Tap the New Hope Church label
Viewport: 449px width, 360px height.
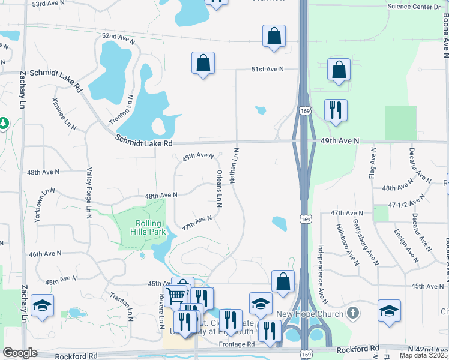point(310,314)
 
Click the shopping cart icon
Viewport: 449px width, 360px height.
point(176,295)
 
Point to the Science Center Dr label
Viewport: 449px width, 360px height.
point(414,7)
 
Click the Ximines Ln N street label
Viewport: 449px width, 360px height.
point(65,113)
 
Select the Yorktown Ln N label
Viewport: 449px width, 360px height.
point(45,206)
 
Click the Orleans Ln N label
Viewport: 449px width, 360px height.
point(219,188)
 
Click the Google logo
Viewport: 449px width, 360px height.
point(20,353)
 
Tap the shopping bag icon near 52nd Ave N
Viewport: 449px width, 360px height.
point(274,35)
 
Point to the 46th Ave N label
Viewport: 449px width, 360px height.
point(46,254)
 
